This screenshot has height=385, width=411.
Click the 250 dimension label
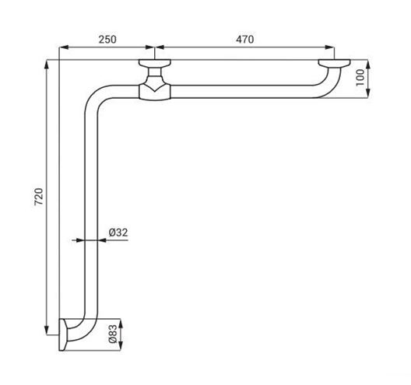pyautogui.click(x=107, y=40)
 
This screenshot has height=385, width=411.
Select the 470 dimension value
pyautogui.click(x=245, y=40)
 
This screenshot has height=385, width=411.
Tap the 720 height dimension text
pyautogui.click(x=39, y=197)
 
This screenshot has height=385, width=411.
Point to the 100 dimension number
pyautogui.click(x=360, y=77)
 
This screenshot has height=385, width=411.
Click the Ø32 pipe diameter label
pyautogui.click(x=118, y=233)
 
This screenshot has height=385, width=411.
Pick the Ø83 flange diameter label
pyautogui.click(x=112, y=334)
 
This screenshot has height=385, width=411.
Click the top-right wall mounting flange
pyautogui.click(x=334, y=63)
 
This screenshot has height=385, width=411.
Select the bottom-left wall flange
pyautogui.click(x=63, y=334)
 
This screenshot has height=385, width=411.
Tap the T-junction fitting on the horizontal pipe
pyautogui.click(x=155, y=92)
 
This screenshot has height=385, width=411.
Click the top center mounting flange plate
pyautogui.click(x=155, y=63)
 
